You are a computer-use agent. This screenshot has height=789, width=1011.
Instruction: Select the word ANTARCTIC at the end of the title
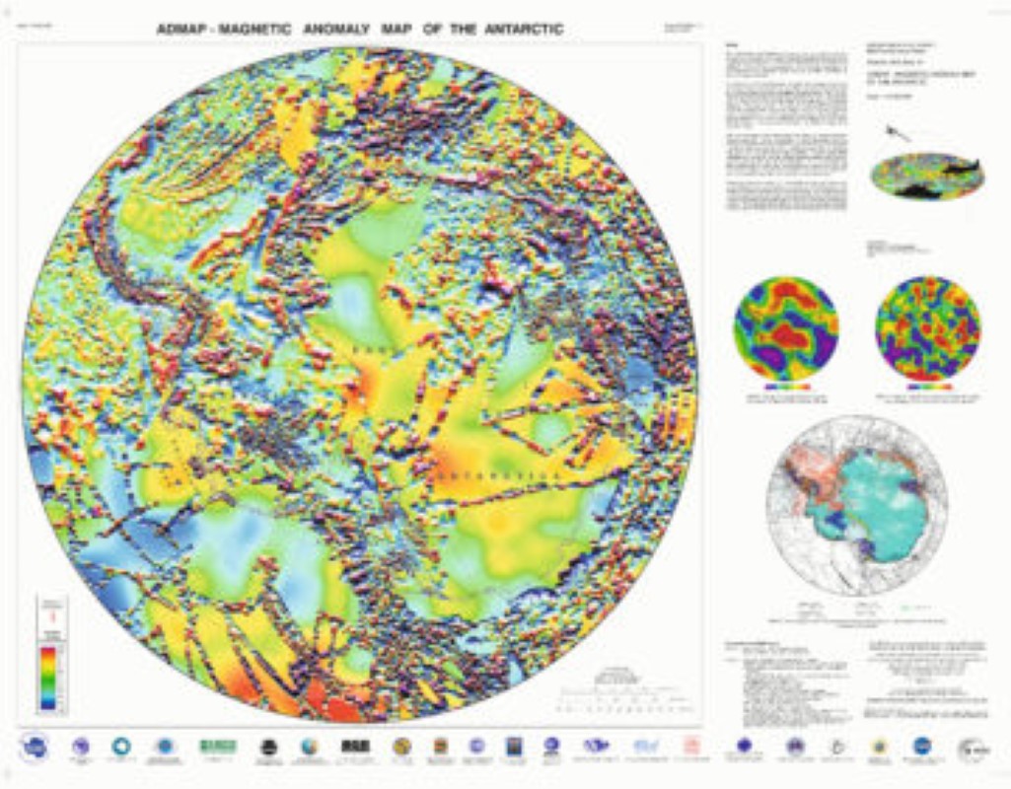(x=524, y=30)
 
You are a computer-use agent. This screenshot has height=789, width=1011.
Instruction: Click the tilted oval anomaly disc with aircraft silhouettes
(x=928, y=176)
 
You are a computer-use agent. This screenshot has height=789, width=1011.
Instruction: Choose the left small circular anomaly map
(x=786, y=327)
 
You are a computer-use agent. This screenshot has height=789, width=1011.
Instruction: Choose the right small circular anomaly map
(x=927, y=327)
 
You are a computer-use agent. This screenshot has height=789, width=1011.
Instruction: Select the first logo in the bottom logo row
(x=35, y=747)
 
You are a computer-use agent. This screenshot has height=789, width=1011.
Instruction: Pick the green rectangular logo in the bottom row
(x=218, y=746)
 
